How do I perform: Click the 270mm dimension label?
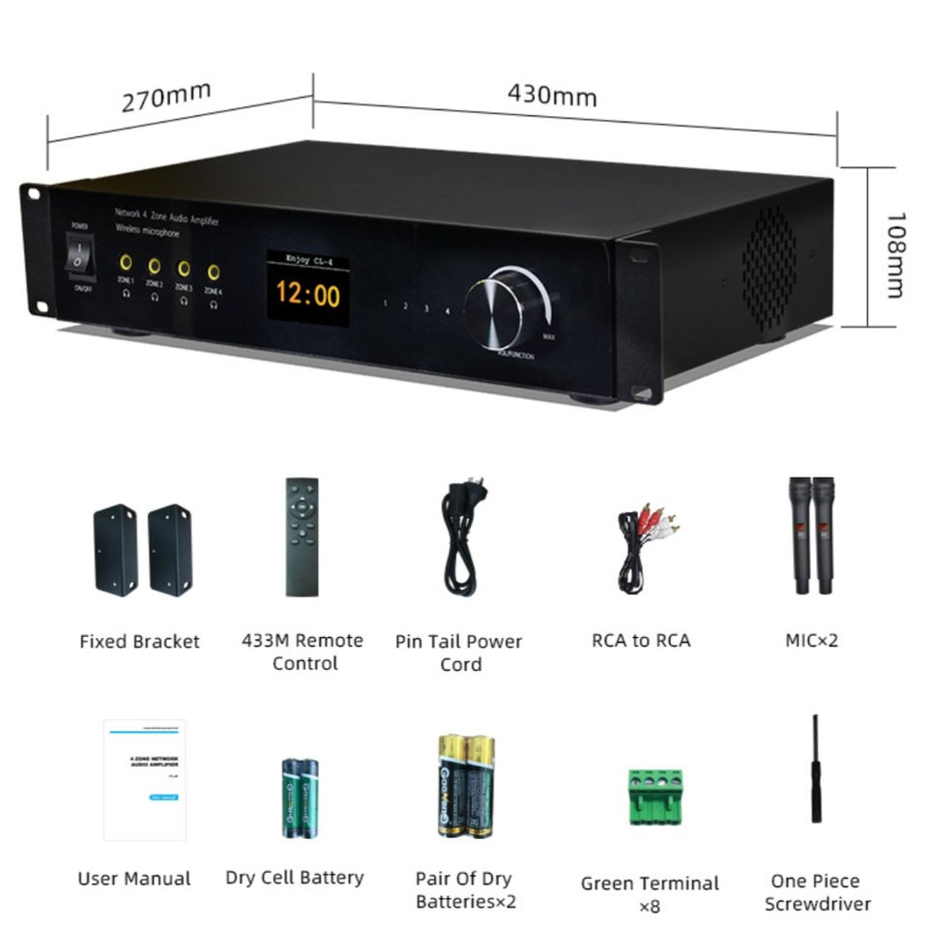click(x=166, y=98)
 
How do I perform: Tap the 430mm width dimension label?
click(x=552, y=96)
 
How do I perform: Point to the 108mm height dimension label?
click(x=894, y=255)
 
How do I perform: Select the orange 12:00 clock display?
click(x=308, y=294)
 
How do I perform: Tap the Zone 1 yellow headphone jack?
click(x=126, y=262)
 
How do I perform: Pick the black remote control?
click(x=303, y=536)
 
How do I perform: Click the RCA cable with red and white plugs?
click(x=646, y=546)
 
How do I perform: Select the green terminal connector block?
click(x=654, y=796)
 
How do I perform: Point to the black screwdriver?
click(x=817, y=770)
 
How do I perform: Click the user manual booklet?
click(x=145, y=779)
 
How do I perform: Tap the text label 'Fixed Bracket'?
click(x=139, y=642)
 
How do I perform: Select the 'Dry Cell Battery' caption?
click(x=295, y=878)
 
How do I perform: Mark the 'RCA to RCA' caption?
click(x=641, y=640)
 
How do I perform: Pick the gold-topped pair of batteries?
click(x=466, y=784)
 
